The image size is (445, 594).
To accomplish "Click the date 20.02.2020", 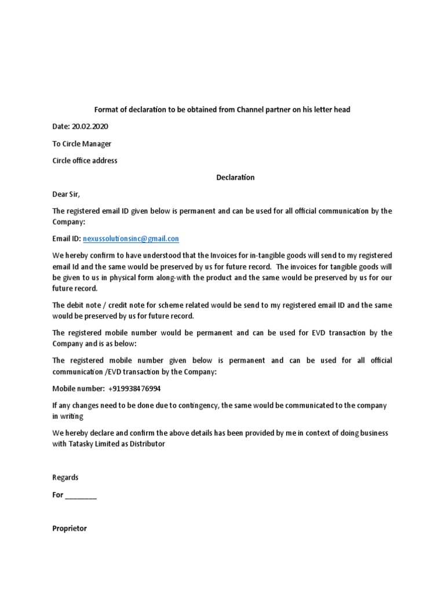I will click(x=89, y=126).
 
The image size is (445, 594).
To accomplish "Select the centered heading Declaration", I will click(x=235, y=178).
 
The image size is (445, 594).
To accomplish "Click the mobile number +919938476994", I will click(x=134, y=389).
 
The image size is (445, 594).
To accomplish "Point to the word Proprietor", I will click(x=70, y=528).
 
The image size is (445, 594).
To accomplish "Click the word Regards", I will click(x=65, y=477).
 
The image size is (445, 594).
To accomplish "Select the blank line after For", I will click(x=81, y=495).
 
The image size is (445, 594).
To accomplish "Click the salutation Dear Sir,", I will click(x=68, y=194).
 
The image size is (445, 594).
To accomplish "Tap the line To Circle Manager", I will click(x=82, y=143).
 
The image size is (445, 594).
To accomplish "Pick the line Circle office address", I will click(x=85, y=160).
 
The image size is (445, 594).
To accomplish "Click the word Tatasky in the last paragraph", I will click(x=82, y=444).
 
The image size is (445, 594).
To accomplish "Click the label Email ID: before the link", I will click(x=67, y=238).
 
